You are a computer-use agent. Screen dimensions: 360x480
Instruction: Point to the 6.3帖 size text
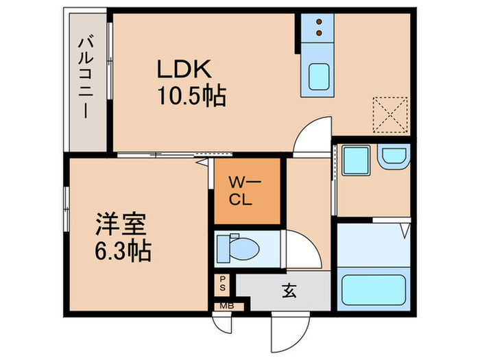point(123,250)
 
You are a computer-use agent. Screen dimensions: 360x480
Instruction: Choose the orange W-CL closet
point(247,191)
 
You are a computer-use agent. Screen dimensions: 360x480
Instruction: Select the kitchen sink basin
point(317,76)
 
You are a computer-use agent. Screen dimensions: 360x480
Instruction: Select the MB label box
point(225,306)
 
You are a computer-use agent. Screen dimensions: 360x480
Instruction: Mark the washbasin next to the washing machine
point(394,158)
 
